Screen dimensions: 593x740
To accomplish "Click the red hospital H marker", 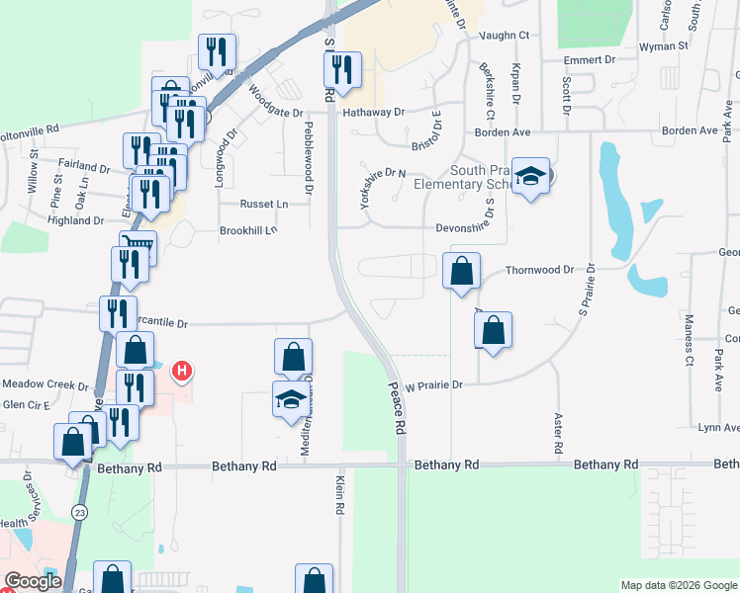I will point(182,372).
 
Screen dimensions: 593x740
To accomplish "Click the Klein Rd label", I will point(339,494).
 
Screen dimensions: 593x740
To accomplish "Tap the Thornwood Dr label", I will point(539,270).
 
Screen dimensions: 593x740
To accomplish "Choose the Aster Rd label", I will point(559,434).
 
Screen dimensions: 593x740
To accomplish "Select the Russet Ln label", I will point(264,205).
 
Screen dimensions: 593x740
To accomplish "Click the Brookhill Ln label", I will point(248,230).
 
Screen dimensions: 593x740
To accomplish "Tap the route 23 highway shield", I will point(78,511).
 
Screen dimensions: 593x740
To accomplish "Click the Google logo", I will point(33,581).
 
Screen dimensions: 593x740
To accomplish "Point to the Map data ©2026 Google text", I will point(679,585).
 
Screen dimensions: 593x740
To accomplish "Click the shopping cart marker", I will point(138,247).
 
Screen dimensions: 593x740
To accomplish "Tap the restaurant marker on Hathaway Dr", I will point(341,69).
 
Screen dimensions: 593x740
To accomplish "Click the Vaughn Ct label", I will point(505,35).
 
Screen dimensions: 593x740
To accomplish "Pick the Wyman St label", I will point(664,46).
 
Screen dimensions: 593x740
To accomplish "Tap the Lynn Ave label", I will point(718,428).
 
